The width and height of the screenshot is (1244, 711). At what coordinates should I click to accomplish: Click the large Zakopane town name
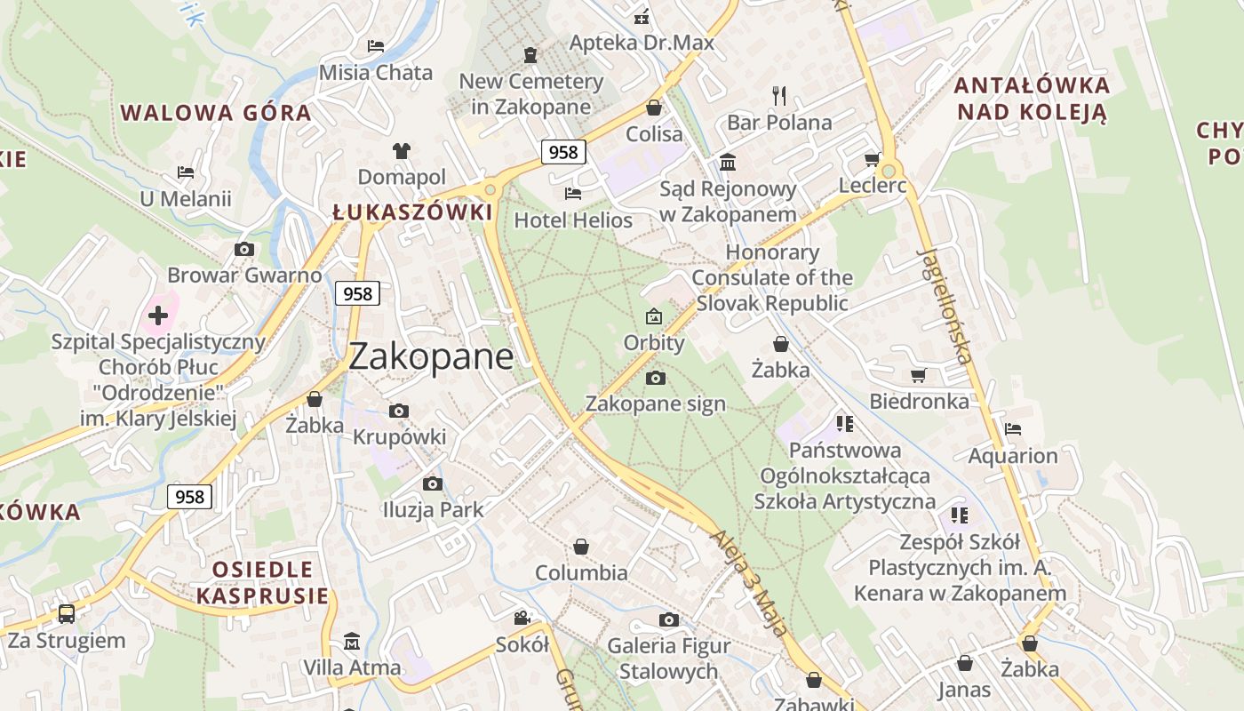[x=431, y=356]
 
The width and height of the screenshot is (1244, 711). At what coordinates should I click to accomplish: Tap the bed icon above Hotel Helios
[x=573, y=193]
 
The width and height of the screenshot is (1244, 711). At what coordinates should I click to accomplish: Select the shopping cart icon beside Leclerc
[x=872, y=160]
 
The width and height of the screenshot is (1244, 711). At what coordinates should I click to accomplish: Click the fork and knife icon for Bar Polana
[x=779, y=95]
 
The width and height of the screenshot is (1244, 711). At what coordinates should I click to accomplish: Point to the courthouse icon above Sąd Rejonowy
[x=728, y=162]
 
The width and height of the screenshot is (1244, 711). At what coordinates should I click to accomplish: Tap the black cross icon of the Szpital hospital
[x=158, y=315]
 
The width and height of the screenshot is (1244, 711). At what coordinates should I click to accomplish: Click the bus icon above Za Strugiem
[x=67, y=613]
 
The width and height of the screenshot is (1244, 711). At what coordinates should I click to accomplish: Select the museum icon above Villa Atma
[x=352, y=641]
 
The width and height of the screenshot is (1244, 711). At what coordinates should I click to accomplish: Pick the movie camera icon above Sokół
[x=522, y=618]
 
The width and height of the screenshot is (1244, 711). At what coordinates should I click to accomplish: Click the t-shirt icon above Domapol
[x=402, y=151]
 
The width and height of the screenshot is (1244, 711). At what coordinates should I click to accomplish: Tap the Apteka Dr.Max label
[x=642, y=42]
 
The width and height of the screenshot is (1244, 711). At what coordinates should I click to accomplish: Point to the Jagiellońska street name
[x=944, y=307]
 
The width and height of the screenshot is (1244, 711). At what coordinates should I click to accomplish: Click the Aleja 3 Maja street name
[x=749, y=583]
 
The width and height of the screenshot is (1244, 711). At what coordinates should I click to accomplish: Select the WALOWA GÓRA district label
[x=216, y=113]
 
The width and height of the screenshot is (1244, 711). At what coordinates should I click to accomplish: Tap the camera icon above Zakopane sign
[x=656, y=378]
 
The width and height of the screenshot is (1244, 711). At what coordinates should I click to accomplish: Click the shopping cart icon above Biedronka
[x=918, y=376]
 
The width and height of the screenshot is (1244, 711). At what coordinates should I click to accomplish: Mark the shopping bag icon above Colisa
[x=654, y=108]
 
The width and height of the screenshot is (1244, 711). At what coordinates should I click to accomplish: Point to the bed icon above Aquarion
[x=1012, y=429]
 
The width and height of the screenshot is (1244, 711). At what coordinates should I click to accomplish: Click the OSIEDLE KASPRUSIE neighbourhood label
[x=262, y=582]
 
